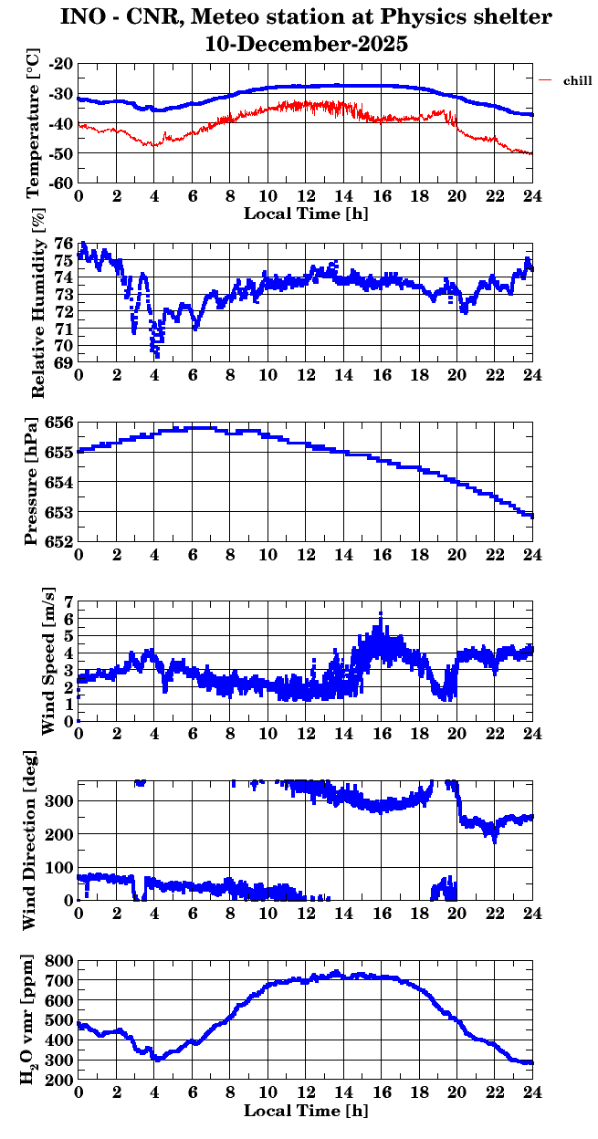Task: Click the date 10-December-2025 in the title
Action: (306, 43)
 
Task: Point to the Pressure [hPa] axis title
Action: (34, 481)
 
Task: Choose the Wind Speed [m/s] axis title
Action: (47, 661)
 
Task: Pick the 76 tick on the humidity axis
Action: (65, 244)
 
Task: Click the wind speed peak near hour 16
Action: (381, 613)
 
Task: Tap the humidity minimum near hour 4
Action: (157, 355)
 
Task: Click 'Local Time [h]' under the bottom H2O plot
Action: (306, 1111)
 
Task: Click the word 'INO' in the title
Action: (82, 16)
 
